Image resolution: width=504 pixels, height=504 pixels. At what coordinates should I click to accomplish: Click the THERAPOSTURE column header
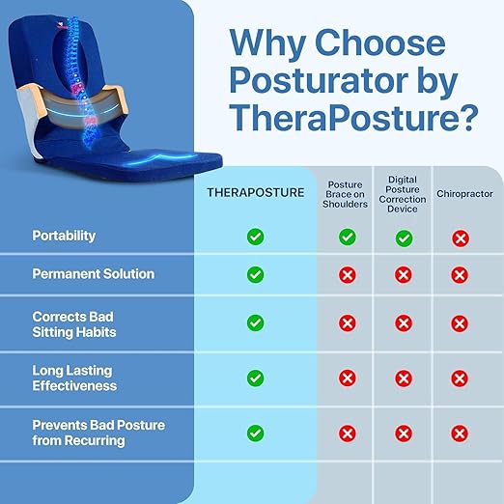[255, 192]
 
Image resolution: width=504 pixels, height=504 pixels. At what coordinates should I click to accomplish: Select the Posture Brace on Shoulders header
[348, 193]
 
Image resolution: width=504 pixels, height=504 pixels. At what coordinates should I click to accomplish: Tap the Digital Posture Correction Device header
[404, 192]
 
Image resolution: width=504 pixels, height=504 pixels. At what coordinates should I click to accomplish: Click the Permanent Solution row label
[94, 274]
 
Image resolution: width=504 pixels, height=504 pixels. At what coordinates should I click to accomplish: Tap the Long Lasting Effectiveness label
[75, 378]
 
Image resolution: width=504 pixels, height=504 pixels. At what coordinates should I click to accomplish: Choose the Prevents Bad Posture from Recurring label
[98, 433]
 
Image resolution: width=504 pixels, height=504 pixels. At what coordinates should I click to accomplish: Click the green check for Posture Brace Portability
[348, 237]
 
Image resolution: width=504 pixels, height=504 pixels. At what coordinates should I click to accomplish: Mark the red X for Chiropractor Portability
[461, 237]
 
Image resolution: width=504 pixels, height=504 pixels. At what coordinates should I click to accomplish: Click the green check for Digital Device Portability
[404, 237]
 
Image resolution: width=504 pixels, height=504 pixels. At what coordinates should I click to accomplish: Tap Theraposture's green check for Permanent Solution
[255, 274]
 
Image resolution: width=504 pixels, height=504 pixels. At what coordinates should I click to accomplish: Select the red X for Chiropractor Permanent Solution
[461, 274]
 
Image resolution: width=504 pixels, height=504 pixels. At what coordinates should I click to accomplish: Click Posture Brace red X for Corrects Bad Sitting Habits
[348, 322]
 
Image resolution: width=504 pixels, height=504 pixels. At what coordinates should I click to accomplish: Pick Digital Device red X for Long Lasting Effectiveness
[404, 378]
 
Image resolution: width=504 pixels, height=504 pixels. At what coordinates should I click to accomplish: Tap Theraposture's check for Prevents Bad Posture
[255, 433]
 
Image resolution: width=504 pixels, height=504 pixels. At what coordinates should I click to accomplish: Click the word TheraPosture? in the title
[355, 118]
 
